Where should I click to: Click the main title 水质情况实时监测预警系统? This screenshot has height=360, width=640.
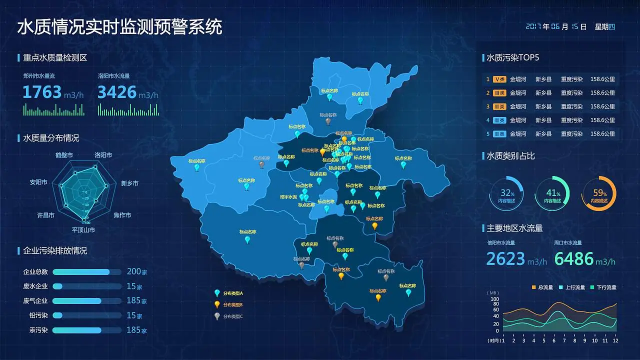119,27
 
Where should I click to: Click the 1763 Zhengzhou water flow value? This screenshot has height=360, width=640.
42,92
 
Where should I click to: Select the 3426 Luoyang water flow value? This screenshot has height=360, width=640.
117,92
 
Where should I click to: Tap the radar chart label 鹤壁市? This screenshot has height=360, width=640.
64,155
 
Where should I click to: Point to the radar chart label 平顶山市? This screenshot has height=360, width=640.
83,230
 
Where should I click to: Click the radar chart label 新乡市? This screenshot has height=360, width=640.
129,183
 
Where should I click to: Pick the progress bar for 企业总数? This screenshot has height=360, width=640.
86,272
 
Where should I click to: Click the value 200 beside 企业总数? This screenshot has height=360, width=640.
133,271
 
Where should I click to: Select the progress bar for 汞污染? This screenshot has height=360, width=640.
86,330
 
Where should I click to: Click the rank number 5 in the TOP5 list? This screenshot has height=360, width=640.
488,134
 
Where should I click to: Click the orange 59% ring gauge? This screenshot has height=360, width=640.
599,193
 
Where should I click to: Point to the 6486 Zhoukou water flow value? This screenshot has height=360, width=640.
573,259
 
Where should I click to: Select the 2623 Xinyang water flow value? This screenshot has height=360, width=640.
505,259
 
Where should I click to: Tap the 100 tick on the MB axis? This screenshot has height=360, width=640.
495,299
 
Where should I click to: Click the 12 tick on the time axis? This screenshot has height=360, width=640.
615,340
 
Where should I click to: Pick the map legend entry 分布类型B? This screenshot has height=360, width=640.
232,304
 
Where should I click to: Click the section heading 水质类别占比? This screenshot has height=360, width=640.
510,156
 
